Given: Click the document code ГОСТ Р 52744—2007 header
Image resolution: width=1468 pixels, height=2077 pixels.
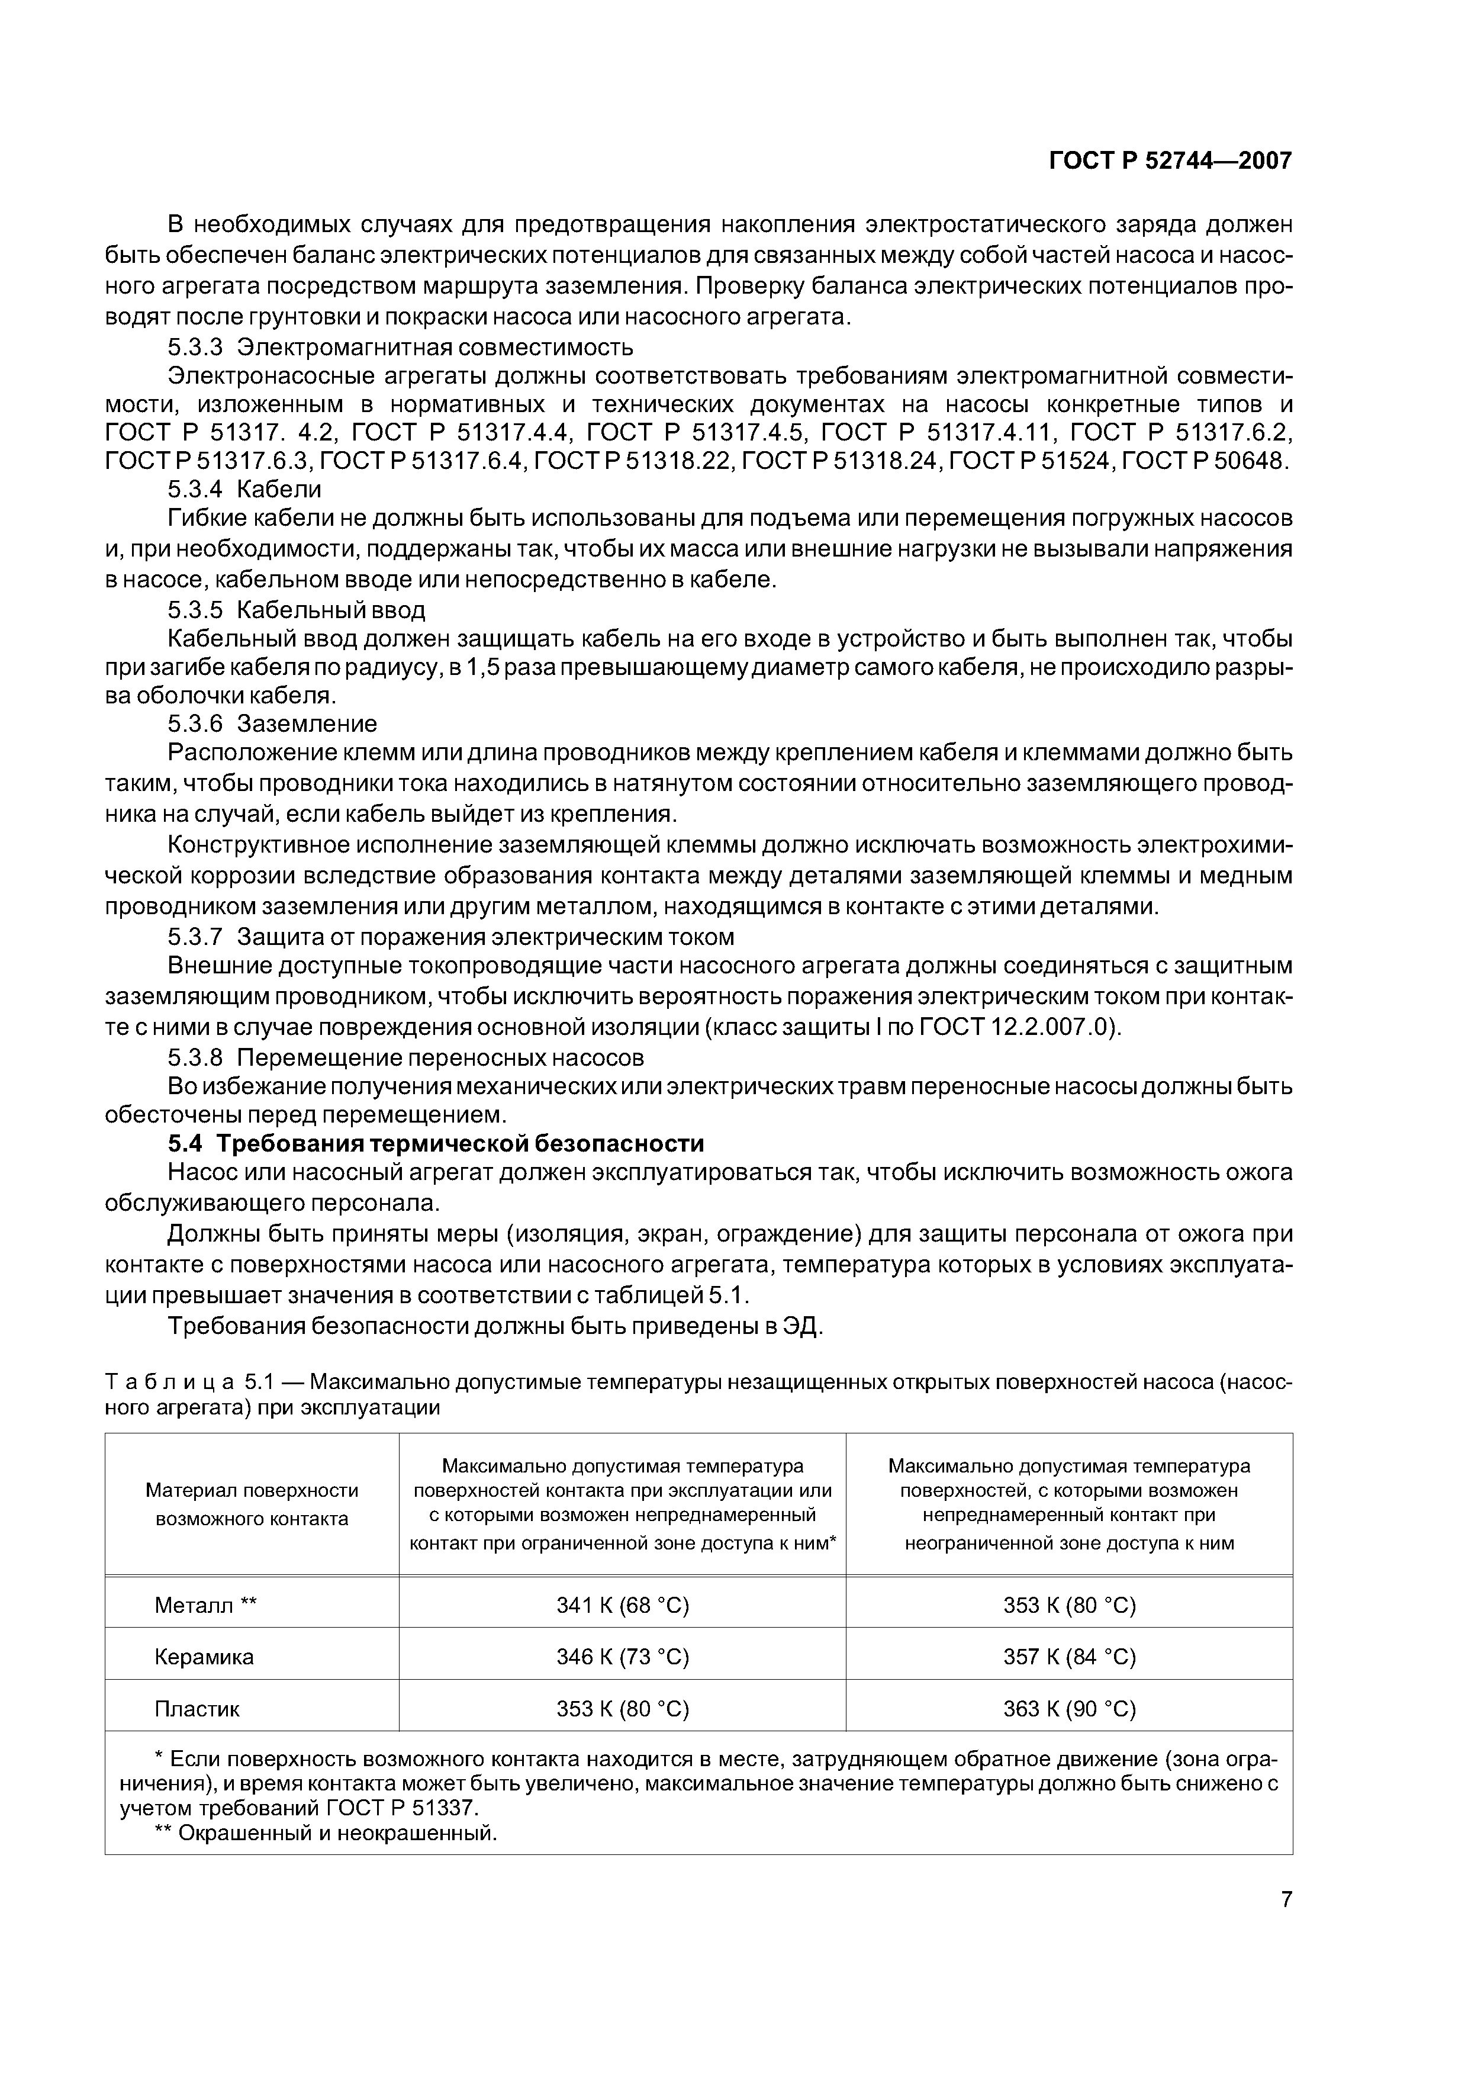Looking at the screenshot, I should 1170,161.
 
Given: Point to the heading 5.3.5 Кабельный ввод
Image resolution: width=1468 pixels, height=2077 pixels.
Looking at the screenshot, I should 296,610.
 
